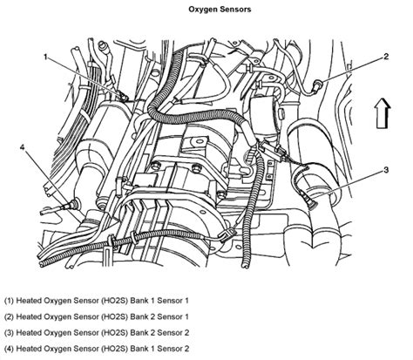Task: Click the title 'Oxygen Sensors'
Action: (206, 10)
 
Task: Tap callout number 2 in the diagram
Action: (383, 57)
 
